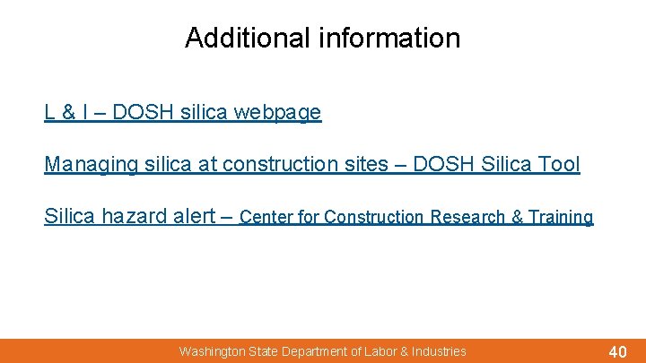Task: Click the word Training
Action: coord(561,217)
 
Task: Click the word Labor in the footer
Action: coord(380,351)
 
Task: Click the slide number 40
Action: coord(617,351)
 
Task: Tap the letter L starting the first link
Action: coord(49,113)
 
